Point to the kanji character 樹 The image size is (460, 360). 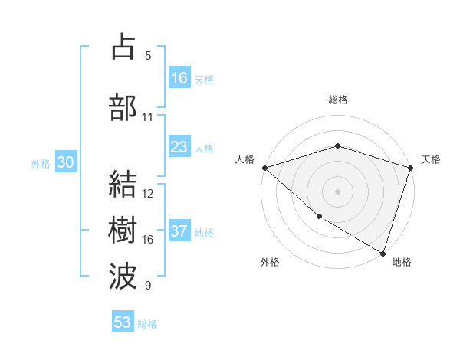(123, 230)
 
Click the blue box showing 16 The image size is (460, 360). (179, 78)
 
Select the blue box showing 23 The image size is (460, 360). (179, 147)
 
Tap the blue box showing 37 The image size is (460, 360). (179, 232)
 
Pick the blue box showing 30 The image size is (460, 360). (65, 162)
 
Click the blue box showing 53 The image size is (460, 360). (123, 322)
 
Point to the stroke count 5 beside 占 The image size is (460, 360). (148, 56)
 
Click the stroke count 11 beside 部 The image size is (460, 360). (148, 117)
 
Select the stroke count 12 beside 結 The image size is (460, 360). (148, 194)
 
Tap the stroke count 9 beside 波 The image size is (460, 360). (148, 286)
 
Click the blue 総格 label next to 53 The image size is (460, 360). (147, 324)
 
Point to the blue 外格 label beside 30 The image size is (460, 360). (41, 163)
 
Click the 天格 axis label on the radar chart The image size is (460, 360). (431, 159)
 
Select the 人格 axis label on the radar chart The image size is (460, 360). (245, 159)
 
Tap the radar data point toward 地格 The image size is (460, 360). (383, 252)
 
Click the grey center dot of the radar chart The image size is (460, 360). (337, 191)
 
